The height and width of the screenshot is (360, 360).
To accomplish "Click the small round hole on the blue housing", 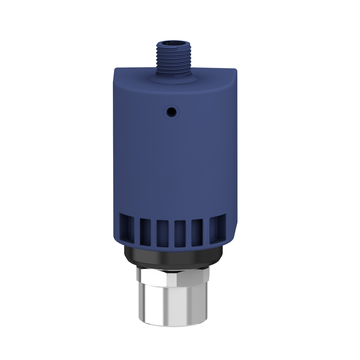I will (x=171, y=112).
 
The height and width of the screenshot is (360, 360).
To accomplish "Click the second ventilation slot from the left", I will (x=145, y=232).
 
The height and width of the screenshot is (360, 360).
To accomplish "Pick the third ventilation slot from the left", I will (x=162, y=233).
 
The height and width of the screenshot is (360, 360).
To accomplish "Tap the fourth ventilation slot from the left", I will (x=180, y=233).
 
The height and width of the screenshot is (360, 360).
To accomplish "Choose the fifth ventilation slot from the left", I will (x=197, y=232).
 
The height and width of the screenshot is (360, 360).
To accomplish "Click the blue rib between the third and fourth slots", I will (x=171, y=233).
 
